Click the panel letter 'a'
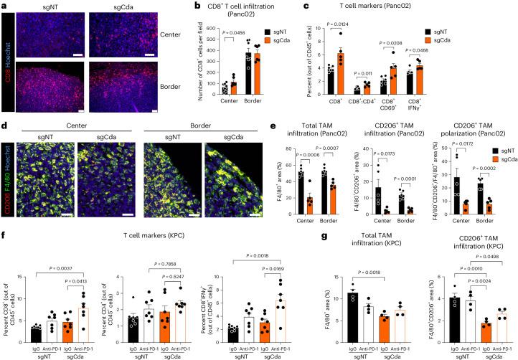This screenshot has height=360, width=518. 4,6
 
